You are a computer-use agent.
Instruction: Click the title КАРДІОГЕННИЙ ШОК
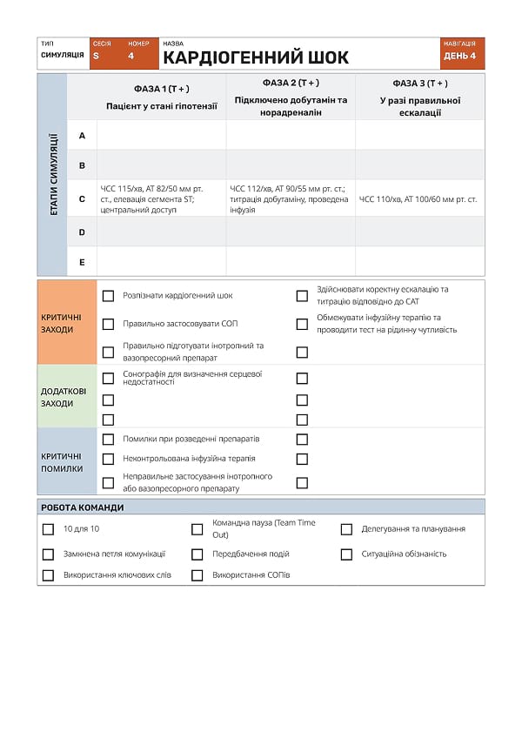[x=256, y=57]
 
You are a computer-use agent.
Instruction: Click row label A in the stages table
[x=82, y=135]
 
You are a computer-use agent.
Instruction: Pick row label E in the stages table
[x=82, y=261]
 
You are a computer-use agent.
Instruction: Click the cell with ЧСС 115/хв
[x=162, y=198]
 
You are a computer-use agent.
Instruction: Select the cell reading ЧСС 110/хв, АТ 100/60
[x=418, y=199]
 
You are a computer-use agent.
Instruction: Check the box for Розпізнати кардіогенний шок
[x=109, y=296]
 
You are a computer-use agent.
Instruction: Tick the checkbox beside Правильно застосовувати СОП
[x=109, y=324]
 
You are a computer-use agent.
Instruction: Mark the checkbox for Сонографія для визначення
[x=109, y=379]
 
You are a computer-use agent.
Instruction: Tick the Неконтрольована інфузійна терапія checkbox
[x=109, y=459]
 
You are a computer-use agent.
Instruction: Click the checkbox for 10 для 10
[x=48, y=529]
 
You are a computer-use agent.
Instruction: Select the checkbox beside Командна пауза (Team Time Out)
[x=197, y=529]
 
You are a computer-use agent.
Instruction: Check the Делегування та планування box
[x=346, y=529]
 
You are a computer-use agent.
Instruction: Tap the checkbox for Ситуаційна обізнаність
[x=346, y=554]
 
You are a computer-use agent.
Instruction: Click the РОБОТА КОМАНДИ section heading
[x=83, y=507]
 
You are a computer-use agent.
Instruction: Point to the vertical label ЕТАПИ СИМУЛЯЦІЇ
[x=52, y=174]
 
